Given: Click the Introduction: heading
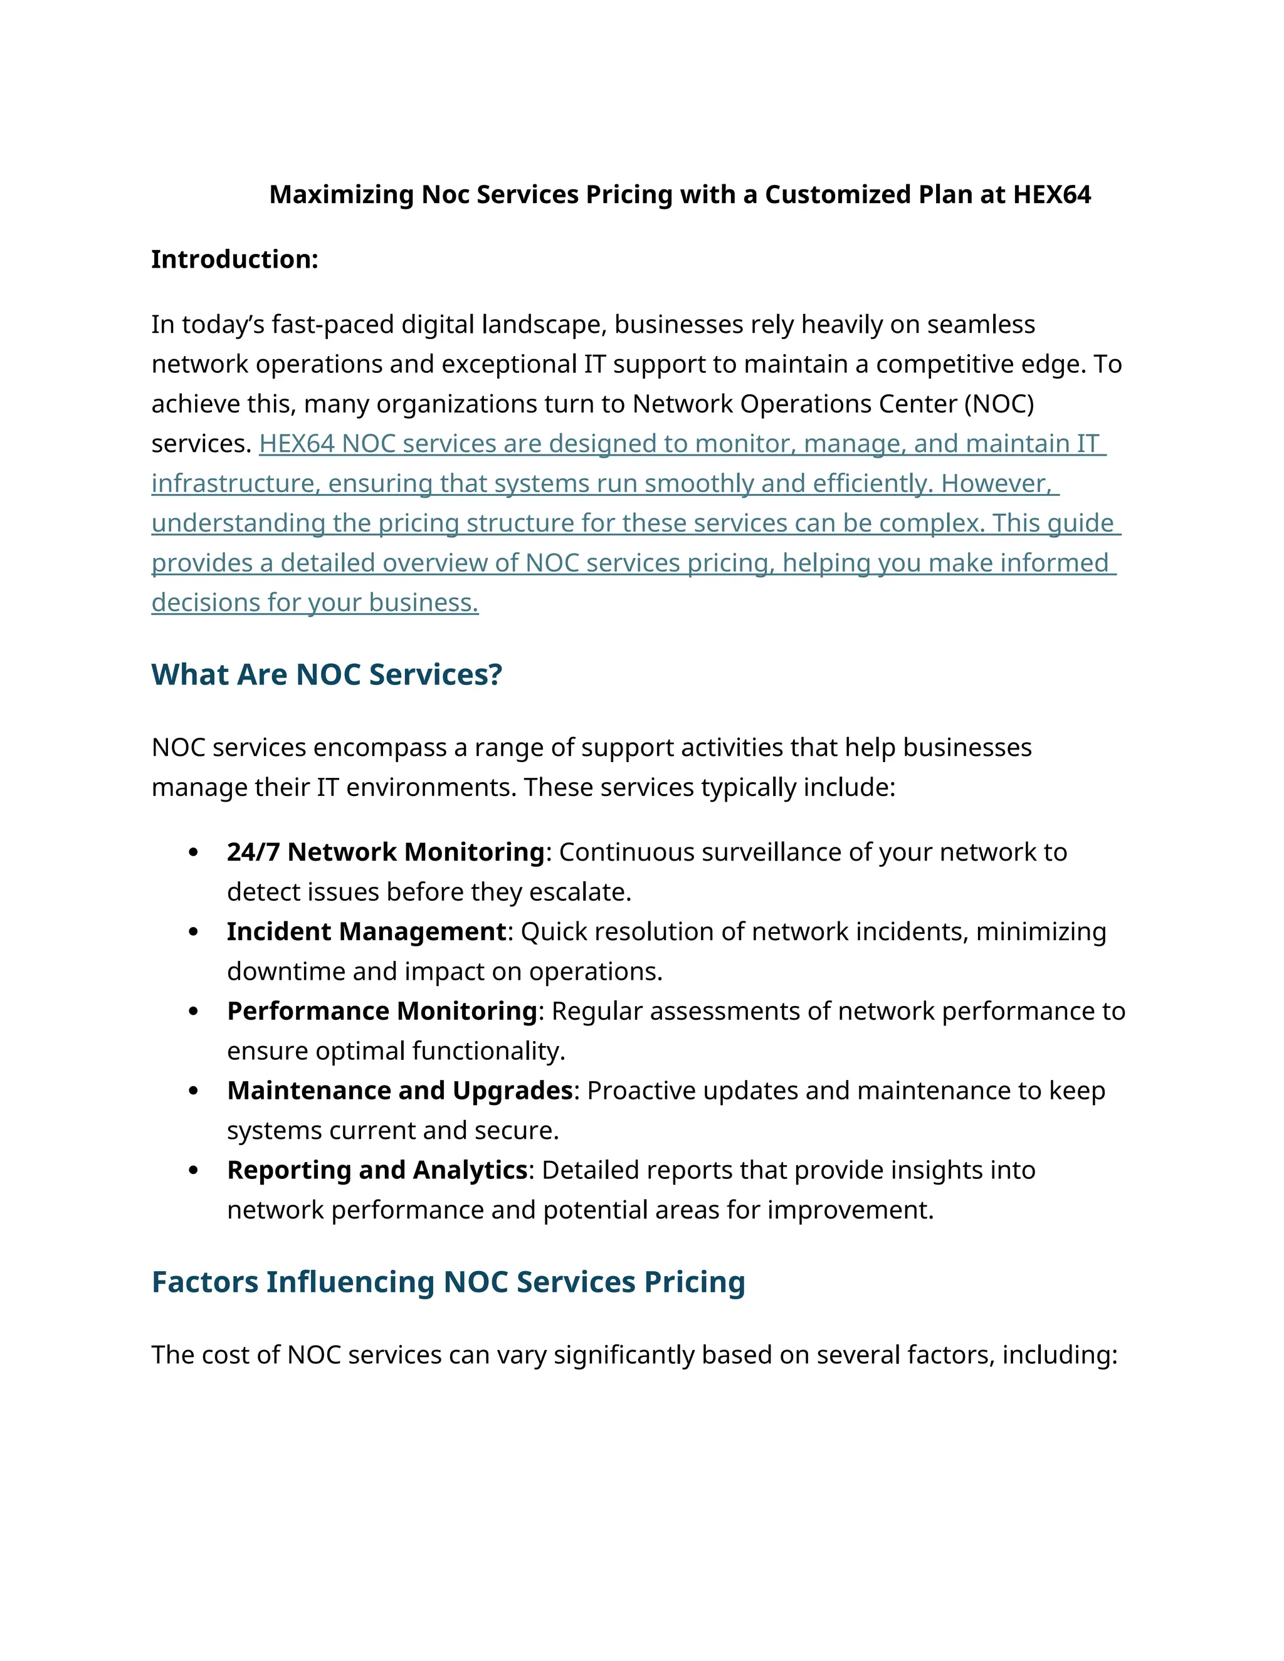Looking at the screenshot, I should (x=234, y=259).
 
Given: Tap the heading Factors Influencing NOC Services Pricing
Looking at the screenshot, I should (x=448, y=1282).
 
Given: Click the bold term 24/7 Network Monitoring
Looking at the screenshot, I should (x=386, y=852).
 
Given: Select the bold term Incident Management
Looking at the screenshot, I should (x=367, y=931).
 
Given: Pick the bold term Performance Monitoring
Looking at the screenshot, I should (x=382, y=1011).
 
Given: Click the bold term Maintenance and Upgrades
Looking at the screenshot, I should (x=399, y=1091).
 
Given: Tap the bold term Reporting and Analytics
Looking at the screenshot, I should (x=377, y=1170).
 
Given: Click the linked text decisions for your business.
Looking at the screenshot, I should (x=315, y=603).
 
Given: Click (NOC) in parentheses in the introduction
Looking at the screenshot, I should (x=999, y=404).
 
